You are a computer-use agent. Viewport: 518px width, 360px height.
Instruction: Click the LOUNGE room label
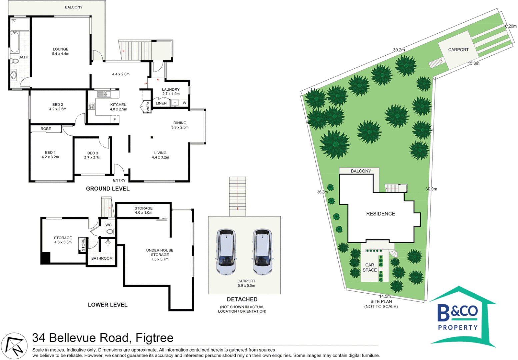pyautogui.click(x=60, y=49)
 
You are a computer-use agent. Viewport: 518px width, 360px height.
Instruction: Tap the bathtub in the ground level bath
pyautogui.click(x=14, y=42)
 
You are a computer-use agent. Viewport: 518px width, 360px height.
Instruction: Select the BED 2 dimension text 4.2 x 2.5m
pyautogui.click(x=58, y=109)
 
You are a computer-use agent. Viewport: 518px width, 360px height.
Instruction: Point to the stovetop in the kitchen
pyautogui.click(x=91, y=106)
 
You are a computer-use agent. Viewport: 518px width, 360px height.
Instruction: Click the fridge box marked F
pyautogui.click(x=115, y=119)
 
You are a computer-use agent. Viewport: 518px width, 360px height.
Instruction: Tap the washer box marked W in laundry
pyautogui.click(x=184, y=103)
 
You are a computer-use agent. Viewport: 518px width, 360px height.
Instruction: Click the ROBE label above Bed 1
pyautogui.click(x=46, y=129)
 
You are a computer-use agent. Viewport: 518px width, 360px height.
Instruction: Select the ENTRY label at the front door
pyautogui.click(x=119, y=180)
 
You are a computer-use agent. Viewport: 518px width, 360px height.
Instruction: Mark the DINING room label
pyautogui.click(x=180, y=123)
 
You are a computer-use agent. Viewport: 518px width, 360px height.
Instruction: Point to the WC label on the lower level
pyautogui.click(x=108, y=225)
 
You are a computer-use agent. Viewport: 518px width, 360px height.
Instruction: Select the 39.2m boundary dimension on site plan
pyautogui.click(x=399, y=50)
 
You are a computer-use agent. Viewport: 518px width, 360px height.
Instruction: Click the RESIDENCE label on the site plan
pyautogui.click(x=380, y=214)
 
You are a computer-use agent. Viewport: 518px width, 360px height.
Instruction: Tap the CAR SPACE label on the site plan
pyautogui.click(x=369, y=267)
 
